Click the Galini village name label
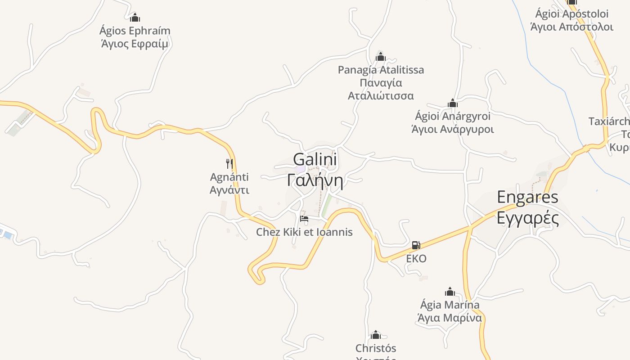coord(315,160)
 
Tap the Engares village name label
coord(527,197)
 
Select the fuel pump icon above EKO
coord(416,245)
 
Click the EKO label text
coord(416,259)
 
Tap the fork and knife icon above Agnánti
coord(229,163)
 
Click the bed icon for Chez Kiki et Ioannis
coord(304,219)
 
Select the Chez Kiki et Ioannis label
coord(304,232)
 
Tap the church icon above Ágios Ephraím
coord(135,18)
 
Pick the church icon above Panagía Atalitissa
coord(381,57)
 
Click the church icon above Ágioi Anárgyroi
coord(453,103)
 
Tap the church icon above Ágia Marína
coord(450,292)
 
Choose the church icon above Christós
coord(376,335)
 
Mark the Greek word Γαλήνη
coord(315,181)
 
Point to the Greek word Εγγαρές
coord(527,218)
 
